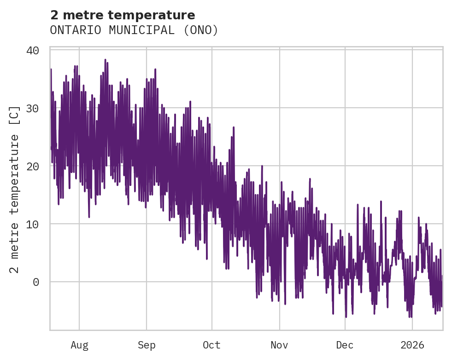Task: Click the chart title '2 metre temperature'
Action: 123,15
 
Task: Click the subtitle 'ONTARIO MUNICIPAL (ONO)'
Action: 134,30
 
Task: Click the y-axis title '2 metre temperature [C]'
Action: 15,189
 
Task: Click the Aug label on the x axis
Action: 79,345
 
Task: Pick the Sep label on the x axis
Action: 147,345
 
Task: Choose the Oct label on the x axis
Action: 212,345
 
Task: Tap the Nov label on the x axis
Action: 279,345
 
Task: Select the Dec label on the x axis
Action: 345,345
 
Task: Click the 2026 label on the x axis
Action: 412,345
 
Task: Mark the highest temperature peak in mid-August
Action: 105,60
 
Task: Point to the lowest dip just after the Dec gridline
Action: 346,317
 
